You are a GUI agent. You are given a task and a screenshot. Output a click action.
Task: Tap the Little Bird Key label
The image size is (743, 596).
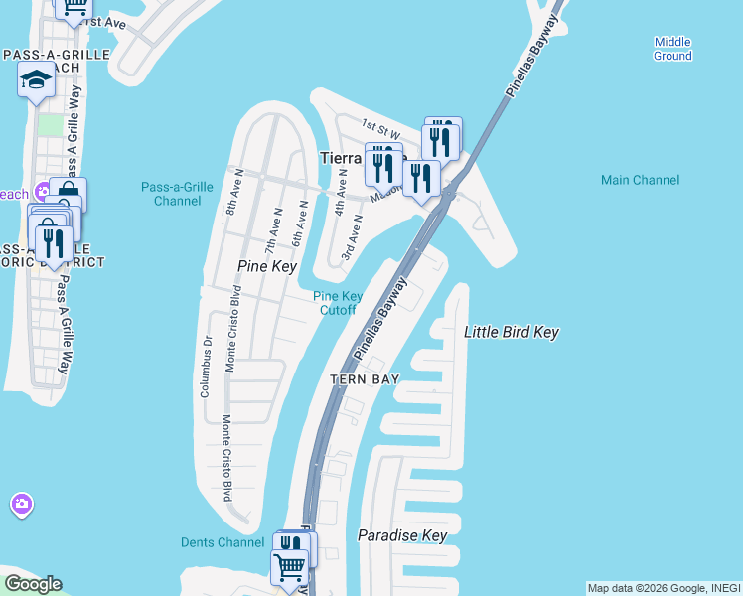pos(512,332)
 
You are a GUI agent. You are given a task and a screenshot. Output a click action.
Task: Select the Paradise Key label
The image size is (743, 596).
pos(402,536)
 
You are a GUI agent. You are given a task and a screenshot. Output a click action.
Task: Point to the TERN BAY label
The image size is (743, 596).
pos(365,379)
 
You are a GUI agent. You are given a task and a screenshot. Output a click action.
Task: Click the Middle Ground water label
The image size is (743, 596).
pos(672,49)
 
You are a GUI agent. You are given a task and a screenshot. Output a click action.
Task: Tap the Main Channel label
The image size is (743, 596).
pos(641,180)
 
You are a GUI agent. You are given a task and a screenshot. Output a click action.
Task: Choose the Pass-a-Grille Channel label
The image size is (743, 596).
pos(177,193)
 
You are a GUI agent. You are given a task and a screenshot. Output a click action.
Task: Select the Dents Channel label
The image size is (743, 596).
pos(223,542)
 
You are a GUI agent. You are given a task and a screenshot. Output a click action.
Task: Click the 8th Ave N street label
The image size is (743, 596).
pos(229,198)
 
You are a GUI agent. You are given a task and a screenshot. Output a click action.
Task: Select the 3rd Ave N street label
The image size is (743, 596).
pos(349,241)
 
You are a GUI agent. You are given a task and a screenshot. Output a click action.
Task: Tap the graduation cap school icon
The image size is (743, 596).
pos(36,79)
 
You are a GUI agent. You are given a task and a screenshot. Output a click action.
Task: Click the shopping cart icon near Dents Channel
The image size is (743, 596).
pos(289,568)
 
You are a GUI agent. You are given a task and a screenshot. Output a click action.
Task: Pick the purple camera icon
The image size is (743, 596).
pos(21,505)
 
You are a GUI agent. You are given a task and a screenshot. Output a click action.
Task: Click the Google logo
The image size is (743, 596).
pos(33,584)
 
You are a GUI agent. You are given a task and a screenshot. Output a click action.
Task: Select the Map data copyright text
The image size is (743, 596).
pos(664,588)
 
